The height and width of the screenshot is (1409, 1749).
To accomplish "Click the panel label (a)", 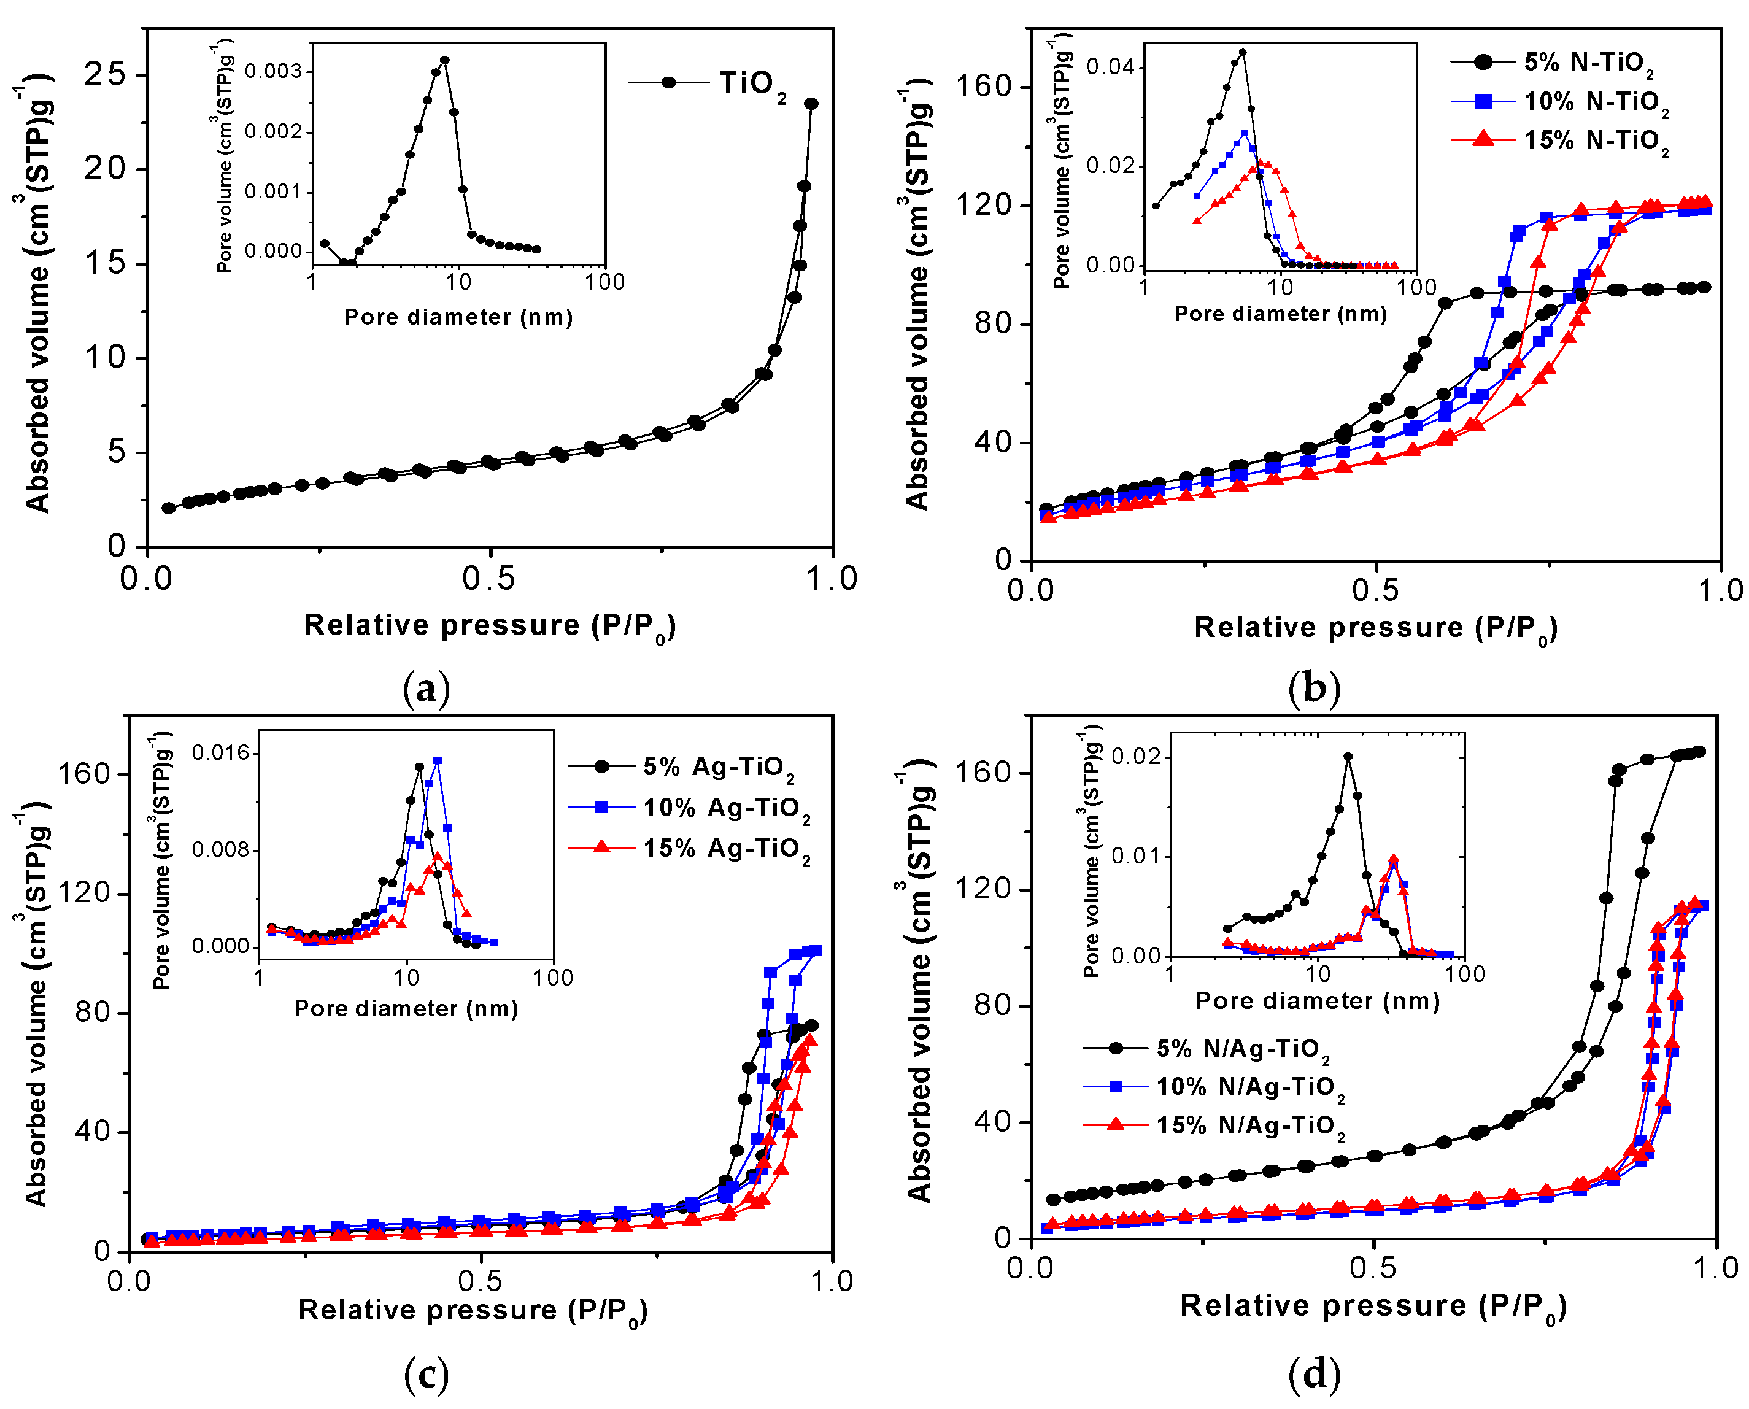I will tap(425, 689).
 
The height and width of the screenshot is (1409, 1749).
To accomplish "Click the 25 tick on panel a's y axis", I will tap(105, 75).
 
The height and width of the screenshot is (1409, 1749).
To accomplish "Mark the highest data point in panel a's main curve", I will tap(810, 104).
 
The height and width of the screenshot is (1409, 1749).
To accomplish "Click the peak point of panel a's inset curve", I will tap(444, 60).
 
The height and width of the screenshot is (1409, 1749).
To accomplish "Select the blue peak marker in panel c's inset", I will tap(438, 760).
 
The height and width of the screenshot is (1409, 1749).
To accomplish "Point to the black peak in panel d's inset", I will tap(1348, 757).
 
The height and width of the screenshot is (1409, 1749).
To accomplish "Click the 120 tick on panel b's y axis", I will tap(982, 204).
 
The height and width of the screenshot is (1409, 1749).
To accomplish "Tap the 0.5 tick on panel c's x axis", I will tap(481, 1281).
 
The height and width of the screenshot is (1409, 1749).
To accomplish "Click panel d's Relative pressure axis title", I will tap(1372, 1306).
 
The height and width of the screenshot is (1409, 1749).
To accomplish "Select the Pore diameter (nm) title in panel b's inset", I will tap(1280, 314).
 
